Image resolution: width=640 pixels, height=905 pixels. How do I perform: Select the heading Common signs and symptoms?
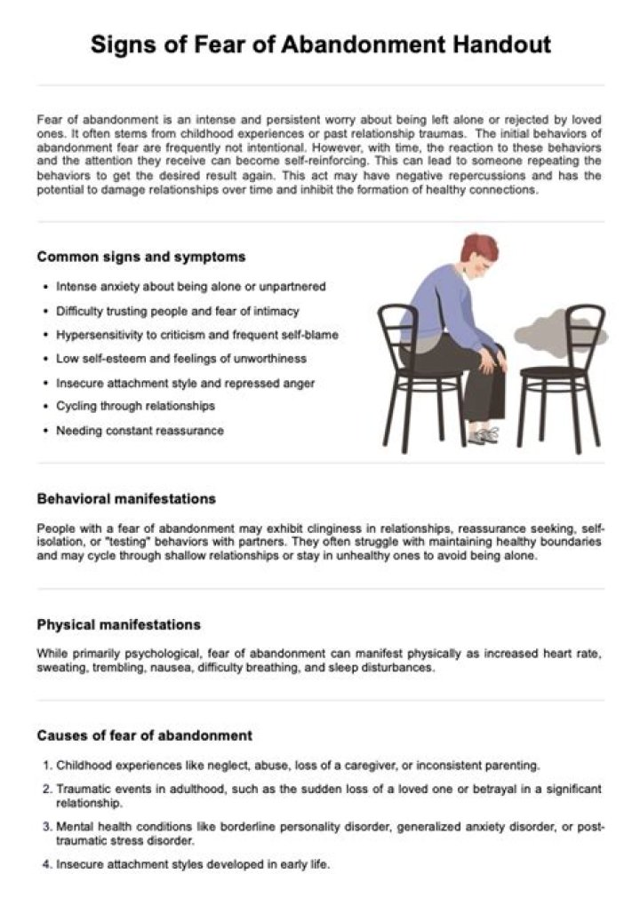tap(141, 257)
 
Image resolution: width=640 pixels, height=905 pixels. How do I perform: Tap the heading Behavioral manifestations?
tap(126, 499)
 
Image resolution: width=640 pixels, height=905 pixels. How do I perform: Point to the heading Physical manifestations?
tap(118, 624)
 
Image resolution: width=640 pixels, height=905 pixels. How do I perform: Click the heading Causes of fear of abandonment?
tap(144, 735)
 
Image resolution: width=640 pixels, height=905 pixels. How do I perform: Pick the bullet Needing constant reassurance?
tap(140, 431)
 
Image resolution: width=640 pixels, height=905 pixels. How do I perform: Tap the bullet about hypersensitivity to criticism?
tap(196, 335)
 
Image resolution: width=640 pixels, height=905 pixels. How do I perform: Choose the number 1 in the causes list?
tap(46, 765)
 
